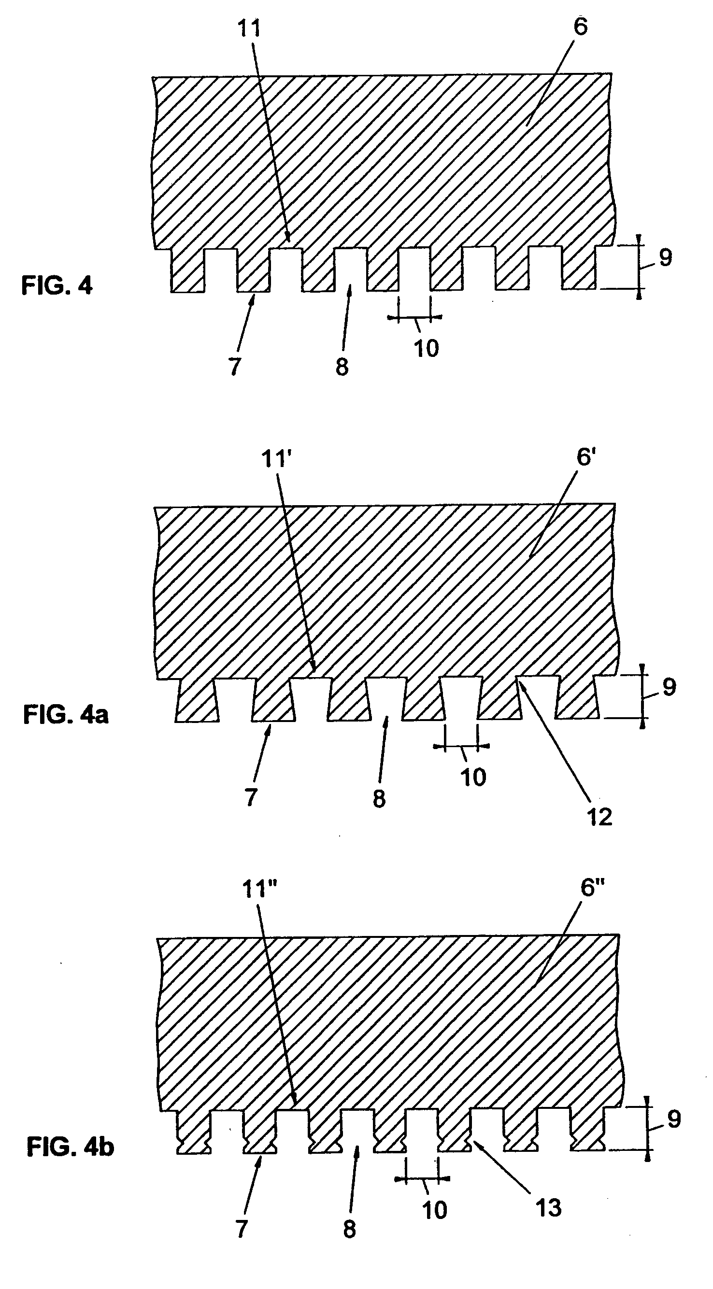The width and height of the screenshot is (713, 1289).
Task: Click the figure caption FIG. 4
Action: [x=57, y=286]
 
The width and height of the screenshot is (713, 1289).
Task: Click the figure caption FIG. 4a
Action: [x=66, y=715]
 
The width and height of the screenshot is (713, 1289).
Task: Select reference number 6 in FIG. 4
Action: [x=581, y=27]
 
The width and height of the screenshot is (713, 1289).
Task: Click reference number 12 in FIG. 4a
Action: [x=599, y=817]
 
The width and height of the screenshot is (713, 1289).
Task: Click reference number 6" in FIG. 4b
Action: [x=592, y=888]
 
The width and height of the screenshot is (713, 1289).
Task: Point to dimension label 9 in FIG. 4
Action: [x=665, y=258]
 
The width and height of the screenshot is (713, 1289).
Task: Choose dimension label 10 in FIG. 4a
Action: [x=473, y=777]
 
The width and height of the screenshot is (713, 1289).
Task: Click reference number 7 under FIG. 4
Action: [x=234, y=367]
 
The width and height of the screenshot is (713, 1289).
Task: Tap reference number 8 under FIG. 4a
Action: [x=379, y=799]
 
